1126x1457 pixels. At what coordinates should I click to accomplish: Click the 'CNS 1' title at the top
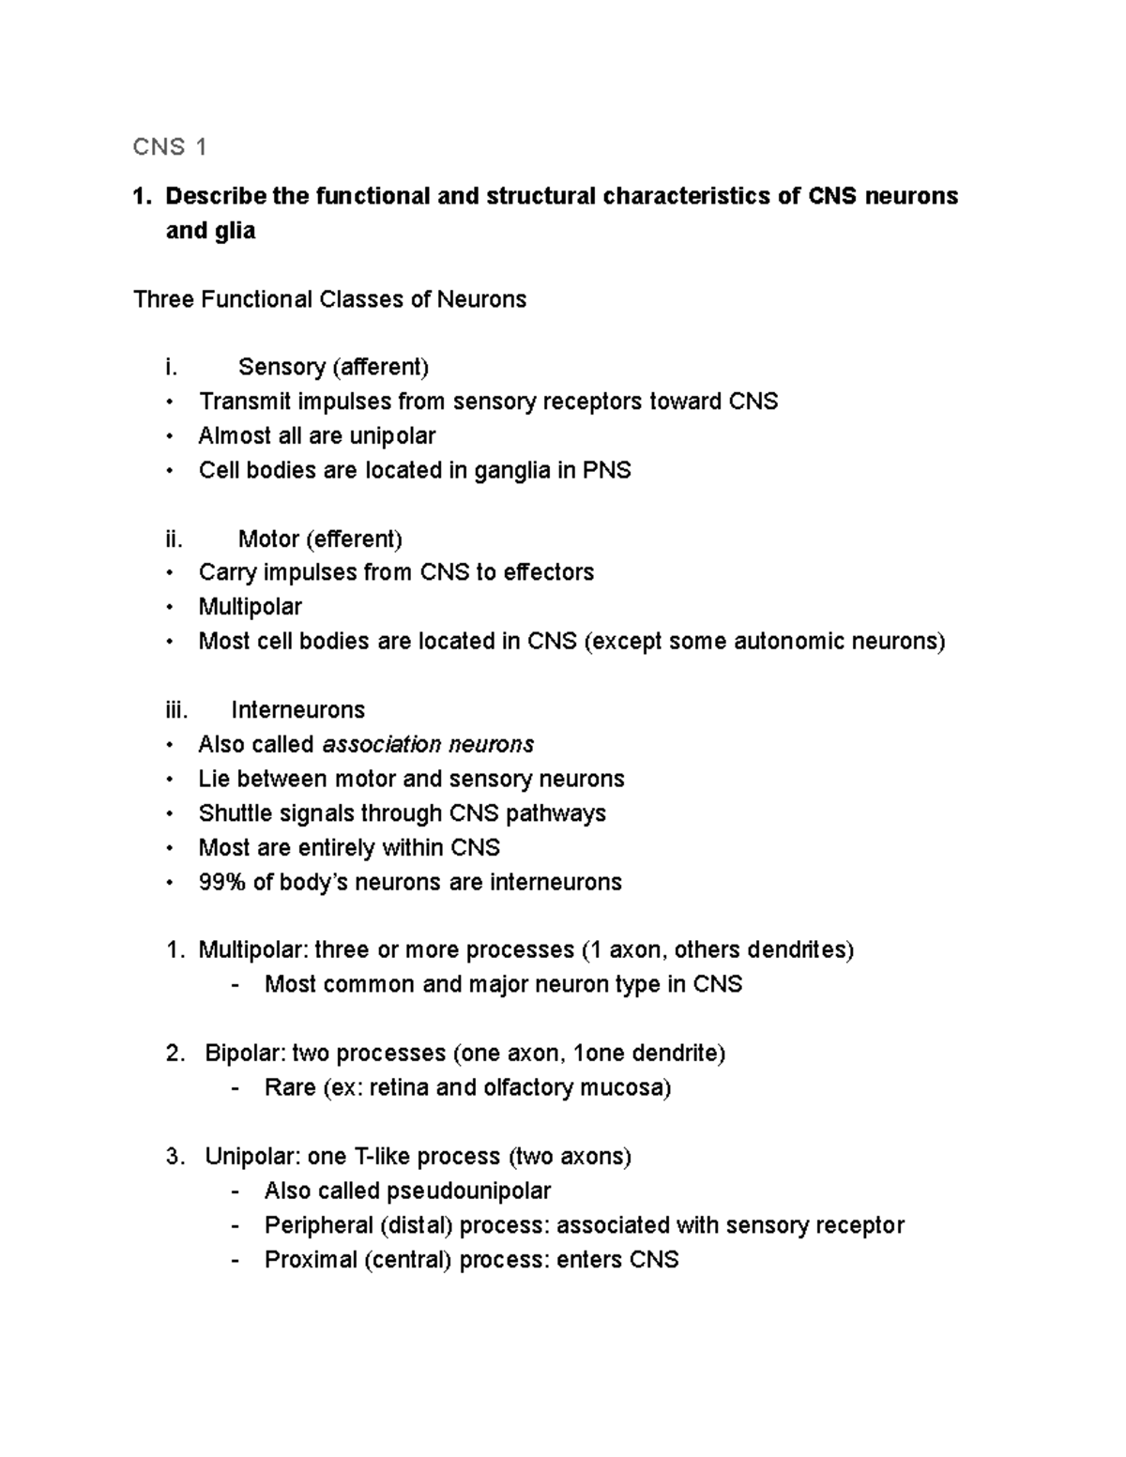(170, 146)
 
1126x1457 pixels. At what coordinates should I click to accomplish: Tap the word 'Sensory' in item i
(281, 367)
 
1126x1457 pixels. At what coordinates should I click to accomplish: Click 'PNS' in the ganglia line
(607, 470)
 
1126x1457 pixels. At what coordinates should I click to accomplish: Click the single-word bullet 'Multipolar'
(250, 607)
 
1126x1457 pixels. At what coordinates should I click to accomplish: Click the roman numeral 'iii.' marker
(176, 710)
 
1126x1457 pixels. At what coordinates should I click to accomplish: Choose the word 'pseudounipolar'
(468, 1191)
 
